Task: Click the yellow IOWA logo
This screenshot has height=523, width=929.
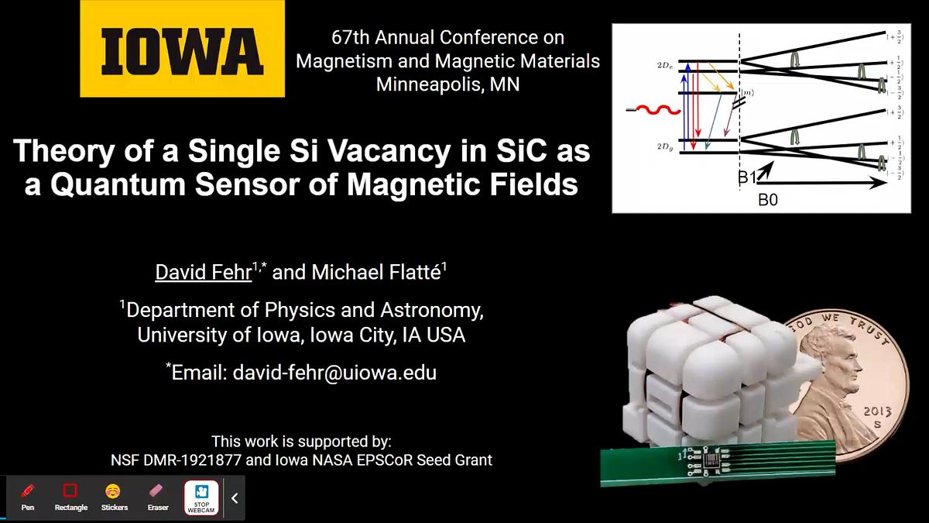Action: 182,49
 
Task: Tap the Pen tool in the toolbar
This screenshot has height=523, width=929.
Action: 28,495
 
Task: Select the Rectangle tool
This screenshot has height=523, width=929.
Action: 70,495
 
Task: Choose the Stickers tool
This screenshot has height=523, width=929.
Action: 114,495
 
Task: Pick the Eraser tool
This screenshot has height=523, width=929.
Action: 157,495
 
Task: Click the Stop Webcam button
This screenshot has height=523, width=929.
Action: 201,497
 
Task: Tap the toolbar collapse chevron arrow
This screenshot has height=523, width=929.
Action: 235,498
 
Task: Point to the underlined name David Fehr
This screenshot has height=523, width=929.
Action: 203,272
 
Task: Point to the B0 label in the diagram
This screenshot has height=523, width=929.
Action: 767,200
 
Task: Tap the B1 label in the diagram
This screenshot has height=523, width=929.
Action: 747,178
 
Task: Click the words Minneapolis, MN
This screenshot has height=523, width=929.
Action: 447,84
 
